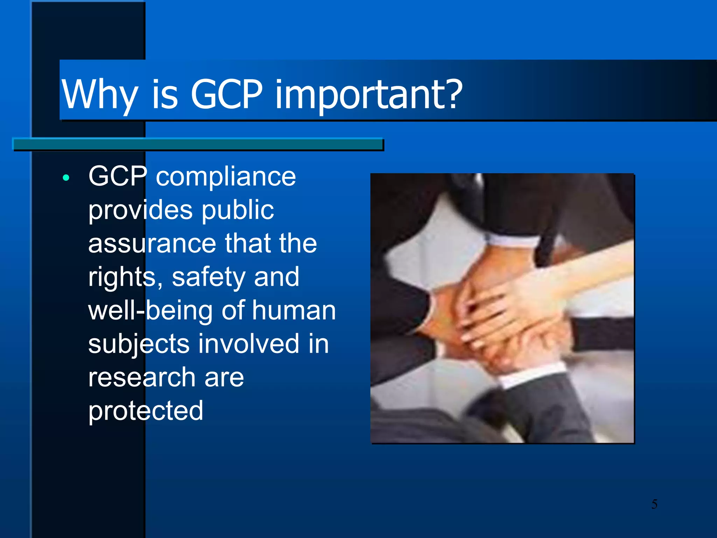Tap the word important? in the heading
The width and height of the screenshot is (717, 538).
click(x=369, y=95)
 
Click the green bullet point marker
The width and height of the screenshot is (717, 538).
click(x=66, y=178)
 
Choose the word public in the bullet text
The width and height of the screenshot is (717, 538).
click(x=238, y=210)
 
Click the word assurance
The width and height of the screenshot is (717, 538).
click(x=152, y=244)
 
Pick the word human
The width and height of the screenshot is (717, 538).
click(x=294, y=311)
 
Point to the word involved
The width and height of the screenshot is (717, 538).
click(x=249, y=344)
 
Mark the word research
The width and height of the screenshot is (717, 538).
click(x=142, y=378)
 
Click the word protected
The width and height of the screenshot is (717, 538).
click(x=146, y=411)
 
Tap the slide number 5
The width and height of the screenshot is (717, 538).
click(x=654, y=504)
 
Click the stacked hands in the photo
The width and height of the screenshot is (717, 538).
click(x=508, y=315)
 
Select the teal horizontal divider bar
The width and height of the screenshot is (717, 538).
click(x=198, y=144)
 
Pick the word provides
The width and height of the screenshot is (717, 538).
click(x=140, y=210)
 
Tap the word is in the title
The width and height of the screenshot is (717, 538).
click(x=165, y=95)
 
